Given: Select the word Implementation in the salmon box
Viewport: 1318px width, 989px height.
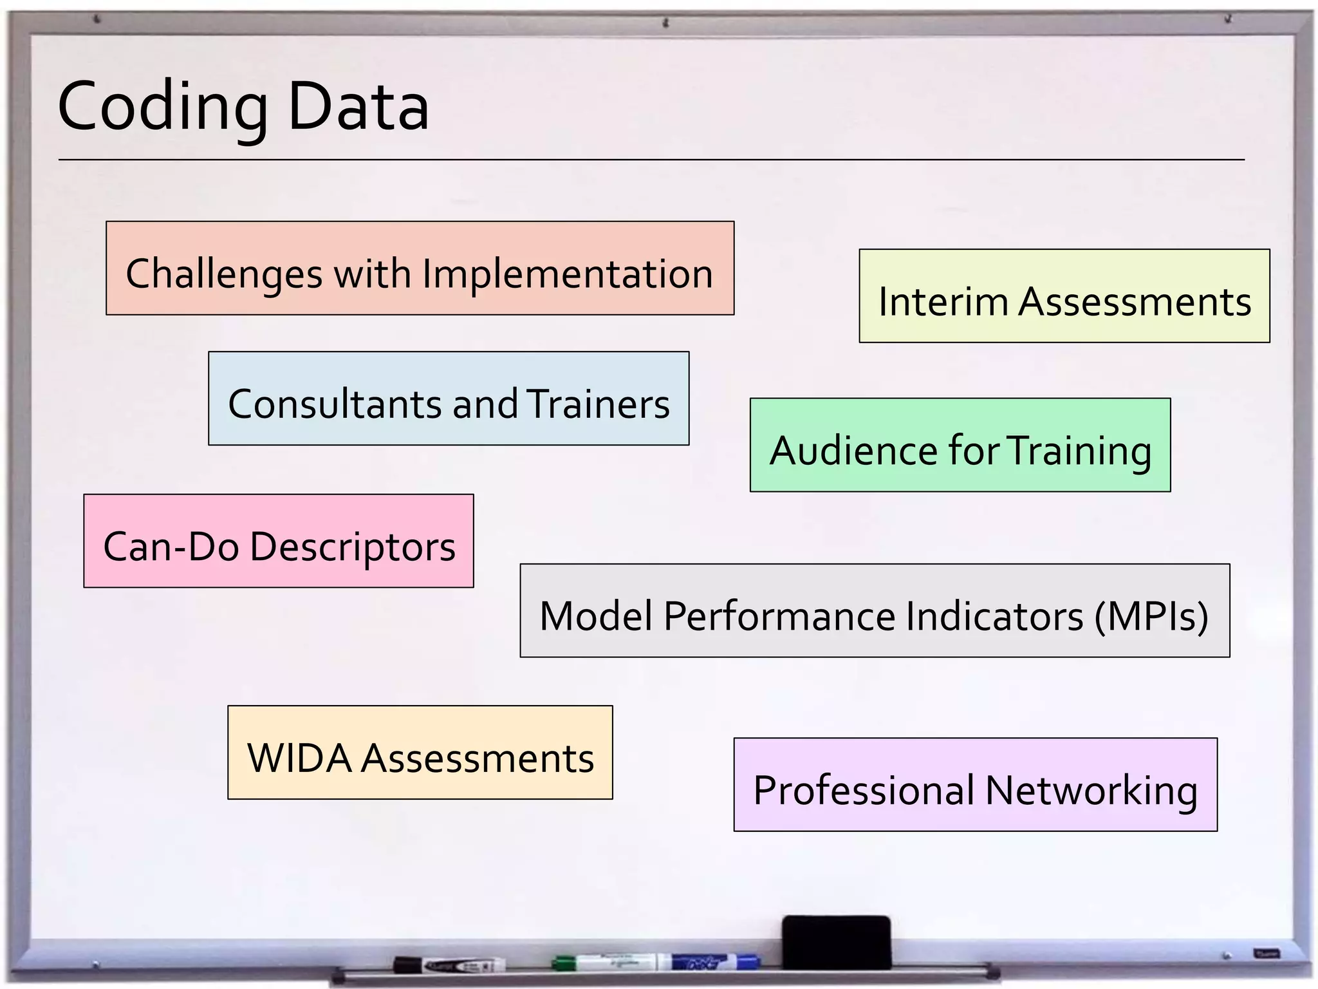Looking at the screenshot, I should point(568,274).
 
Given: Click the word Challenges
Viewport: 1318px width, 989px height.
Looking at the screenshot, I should point(224,274).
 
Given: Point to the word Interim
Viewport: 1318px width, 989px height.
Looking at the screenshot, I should point(943,301).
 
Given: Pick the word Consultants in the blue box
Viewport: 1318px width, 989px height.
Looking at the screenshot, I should point(335,404).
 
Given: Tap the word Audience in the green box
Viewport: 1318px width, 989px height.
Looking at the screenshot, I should point(854,450).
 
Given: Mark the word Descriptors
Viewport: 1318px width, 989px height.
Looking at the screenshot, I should point(353,547).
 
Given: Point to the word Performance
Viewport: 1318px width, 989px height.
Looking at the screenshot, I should point(779,616).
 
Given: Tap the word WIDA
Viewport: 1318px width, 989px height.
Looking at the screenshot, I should point(299,758).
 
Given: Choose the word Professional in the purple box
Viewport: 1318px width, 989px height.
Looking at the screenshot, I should point(864,790).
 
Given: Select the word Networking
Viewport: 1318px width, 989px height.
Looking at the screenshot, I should point(1091,790).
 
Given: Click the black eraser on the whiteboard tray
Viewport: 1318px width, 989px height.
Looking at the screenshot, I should point(836,941).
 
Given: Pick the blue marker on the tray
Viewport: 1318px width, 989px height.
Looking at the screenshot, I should point(714,962).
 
